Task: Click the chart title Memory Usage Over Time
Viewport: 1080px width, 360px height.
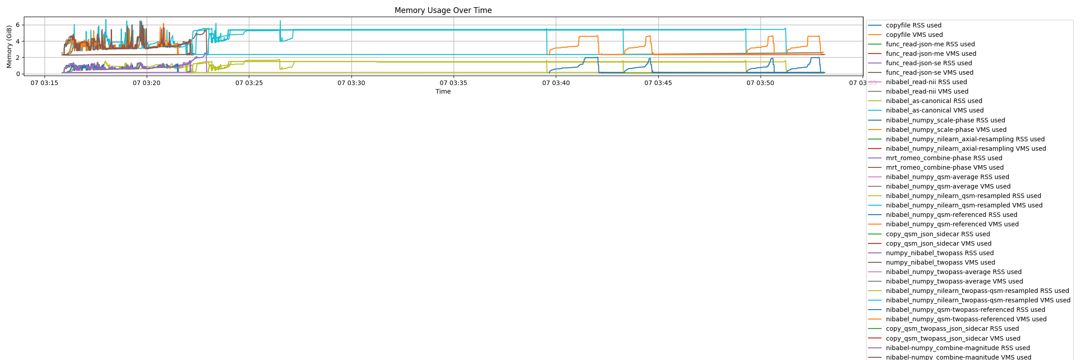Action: [443, 10]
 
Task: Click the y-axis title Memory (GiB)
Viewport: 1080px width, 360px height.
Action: [9, 47]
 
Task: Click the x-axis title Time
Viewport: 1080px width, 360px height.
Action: [443, 91]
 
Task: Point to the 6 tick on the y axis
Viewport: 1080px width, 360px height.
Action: [18, 25]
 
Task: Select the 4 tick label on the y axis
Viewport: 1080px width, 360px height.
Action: [18, 41]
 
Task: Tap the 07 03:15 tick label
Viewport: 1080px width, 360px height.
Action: [44, 83]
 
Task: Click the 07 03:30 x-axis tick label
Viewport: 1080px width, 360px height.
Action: [351, 83]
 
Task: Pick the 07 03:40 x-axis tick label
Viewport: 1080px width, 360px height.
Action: [556, 83]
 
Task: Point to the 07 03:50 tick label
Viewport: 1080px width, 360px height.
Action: [760, 83]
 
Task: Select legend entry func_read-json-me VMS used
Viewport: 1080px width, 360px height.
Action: [931, 54]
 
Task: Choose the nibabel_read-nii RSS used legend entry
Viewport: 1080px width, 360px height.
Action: [926, 82]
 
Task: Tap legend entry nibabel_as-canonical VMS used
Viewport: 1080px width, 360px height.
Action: [935, 111]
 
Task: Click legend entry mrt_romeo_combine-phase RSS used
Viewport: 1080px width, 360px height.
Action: [944, 158]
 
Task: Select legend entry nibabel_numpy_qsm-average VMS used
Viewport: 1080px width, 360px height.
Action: [948, 187]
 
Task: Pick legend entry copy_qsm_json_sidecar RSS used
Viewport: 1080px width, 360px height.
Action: [938, 234]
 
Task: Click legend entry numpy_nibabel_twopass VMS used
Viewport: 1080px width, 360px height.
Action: [940, 263]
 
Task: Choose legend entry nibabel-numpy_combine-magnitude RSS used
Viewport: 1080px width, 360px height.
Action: [958, 348]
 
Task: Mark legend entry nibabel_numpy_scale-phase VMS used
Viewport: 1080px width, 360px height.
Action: [946, 130]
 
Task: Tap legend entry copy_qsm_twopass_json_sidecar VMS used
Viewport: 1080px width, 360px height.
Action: [953, 339]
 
